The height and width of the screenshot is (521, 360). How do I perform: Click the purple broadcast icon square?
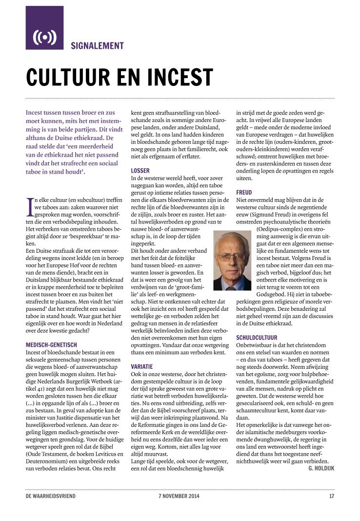[x=44, y=28]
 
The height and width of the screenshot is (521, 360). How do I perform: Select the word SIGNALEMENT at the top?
[x=97, y=46]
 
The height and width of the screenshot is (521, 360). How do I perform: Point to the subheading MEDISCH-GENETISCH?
[x=52, y=345]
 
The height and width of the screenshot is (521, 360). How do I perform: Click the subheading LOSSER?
[x=140, y=171]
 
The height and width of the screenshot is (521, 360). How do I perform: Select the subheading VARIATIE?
[x=142, y=366]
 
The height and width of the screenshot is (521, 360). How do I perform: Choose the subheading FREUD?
[x=244, y=192]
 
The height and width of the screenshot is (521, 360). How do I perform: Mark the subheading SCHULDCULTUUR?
[x=257, y=337]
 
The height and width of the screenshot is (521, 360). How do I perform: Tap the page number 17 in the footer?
[x=331, y=497]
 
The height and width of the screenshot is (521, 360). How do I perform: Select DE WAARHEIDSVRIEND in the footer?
[x=51, y=497]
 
